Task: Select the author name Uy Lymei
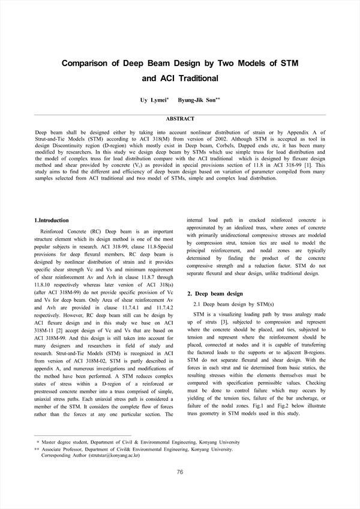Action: [x=152, y=100]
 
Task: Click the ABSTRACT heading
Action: [x=180, y=119]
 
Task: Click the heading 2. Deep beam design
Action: [x=215, y=294]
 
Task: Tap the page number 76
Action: [x=180, y=472]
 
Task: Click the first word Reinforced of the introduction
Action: [x=53, y=232]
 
